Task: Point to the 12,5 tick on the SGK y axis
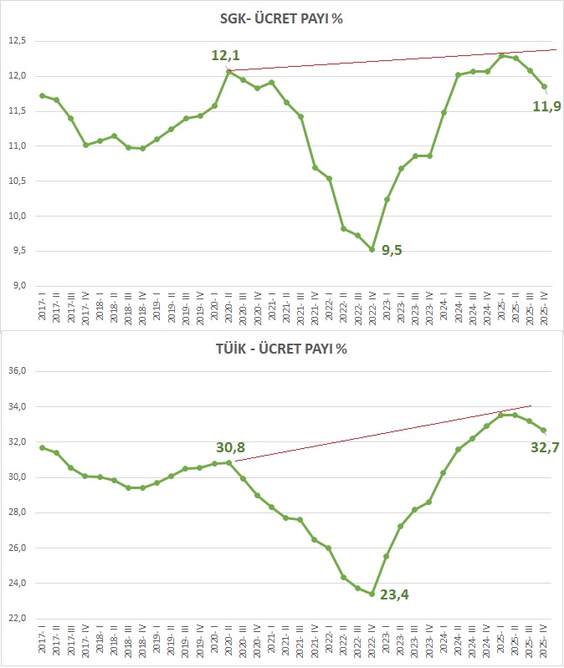coord(18,40)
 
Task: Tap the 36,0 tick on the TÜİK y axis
coord(18,371)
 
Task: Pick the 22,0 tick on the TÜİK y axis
coord(18,619)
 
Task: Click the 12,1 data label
coord(226,55)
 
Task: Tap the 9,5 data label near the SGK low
coord(392,251)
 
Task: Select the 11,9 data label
coord(546,106)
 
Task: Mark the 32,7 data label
coord(545,447)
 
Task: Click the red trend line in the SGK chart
coord(385,61)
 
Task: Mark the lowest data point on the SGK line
coord(372,249)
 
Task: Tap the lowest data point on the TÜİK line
coord(372,594)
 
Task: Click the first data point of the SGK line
coord(42,95)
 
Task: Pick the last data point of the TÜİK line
coord(544,431)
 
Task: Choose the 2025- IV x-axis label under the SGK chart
coord(544,307)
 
